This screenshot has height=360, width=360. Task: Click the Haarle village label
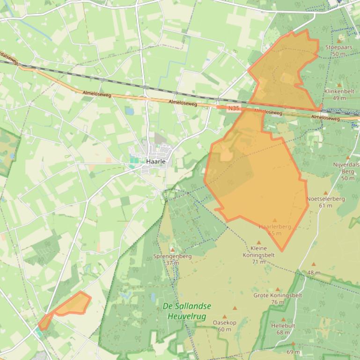156,161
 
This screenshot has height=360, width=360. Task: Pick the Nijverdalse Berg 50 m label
346,171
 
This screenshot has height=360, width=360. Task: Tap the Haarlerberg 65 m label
275,230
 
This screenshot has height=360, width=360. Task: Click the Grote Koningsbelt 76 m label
278,298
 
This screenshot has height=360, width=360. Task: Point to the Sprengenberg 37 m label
172,259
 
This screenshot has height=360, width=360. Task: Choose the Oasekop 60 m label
225,326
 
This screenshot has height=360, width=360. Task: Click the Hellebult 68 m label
283,329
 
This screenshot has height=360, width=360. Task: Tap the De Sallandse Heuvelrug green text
187,311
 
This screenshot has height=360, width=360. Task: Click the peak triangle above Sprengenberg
172,251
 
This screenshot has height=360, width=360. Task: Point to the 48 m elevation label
314,273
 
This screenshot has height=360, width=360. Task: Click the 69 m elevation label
293,352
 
